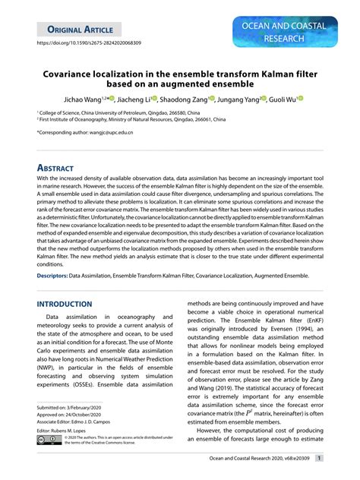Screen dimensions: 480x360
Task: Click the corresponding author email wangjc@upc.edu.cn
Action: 106,133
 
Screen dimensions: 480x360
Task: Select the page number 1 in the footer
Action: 320,459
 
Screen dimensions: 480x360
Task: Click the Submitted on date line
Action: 70,409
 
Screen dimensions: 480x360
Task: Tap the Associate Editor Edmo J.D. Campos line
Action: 80,423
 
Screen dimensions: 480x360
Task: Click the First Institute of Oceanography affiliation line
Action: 132,118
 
